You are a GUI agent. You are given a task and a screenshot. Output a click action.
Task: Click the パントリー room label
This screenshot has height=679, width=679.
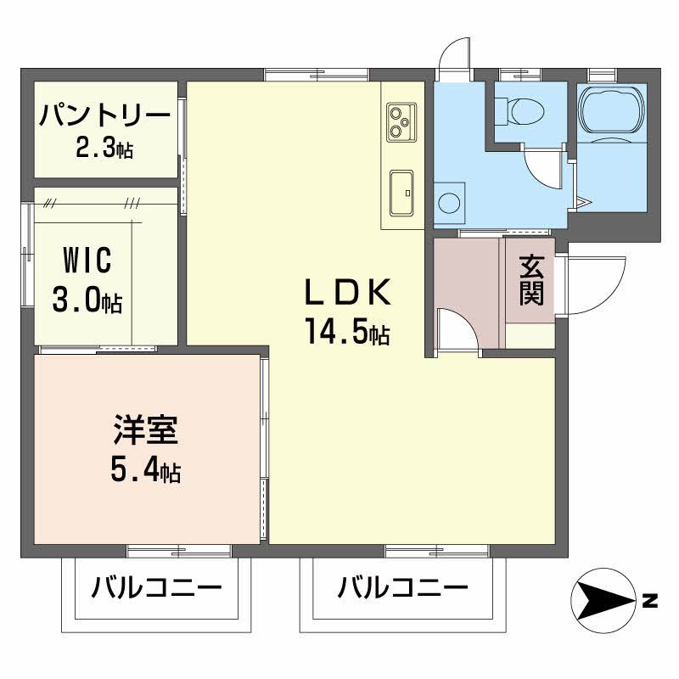(x=105, y=114)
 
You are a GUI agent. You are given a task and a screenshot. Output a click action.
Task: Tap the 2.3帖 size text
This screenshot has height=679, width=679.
(x=104, y=149)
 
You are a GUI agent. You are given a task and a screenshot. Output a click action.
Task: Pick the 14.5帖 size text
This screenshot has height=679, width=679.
(x=347, y=333)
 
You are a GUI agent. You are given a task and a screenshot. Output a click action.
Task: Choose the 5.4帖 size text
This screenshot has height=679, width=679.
(x=145, y=470)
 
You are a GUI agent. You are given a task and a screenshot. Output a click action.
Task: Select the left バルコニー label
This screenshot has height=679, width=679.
(x=157, y=586)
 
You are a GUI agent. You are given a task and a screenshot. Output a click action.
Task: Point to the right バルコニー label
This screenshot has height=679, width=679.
(x=403, y=586)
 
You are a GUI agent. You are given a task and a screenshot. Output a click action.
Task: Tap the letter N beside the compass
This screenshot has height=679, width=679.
(x=649, y=602)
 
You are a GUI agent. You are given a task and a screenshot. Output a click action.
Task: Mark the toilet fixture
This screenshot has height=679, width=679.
(x=524, y=109)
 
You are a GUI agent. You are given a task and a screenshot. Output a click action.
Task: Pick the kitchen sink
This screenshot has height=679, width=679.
(x=401, y=194)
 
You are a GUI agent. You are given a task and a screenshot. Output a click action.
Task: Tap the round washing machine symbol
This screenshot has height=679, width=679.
(x=450, y=202)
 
